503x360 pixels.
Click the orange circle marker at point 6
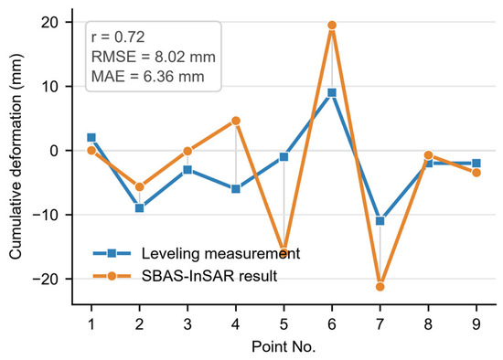pyautogui.click(x=332, y=25)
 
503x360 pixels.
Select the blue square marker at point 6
pyautogui.click(x=332, y=93)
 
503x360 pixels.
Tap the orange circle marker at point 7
pyautogui.click(x=380, y=287)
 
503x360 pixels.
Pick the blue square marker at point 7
pyautogui.click(x=380, y=221)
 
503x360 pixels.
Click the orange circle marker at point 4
pyautogui.click(x=236, y=121)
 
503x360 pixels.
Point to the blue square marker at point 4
pyautogui.click(x=236, y=189)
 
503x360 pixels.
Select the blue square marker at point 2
pyautogui.click(x=140, y=208)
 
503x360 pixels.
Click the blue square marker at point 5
pyautogui.click(x=284, y=157)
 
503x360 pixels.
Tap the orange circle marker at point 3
pyautogui.click(x=187, y=151)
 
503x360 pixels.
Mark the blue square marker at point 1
pyautogui.click(x=91, y=138)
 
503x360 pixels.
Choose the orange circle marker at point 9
pyautogui.click(x=476, y=173)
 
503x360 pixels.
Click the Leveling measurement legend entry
pyautogui.click(x=197, y=254)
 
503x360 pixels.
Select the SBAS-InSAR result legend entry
pyautogui.click(x=185, y=276)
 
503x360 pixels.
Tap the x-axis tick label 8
pyautogui.click(x=428, y=324)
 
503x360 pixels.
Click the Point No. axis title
pyautogui.click(x=284, y=347)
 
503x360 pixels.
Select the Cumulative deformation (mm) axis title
pyautogui.click(x=16, y=156)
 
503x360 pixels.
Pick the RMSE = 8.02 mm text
pyautogui.click(x=154, y=57)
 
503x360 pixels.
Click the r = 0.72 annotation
pyautogui.click(x=118, y=37)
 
